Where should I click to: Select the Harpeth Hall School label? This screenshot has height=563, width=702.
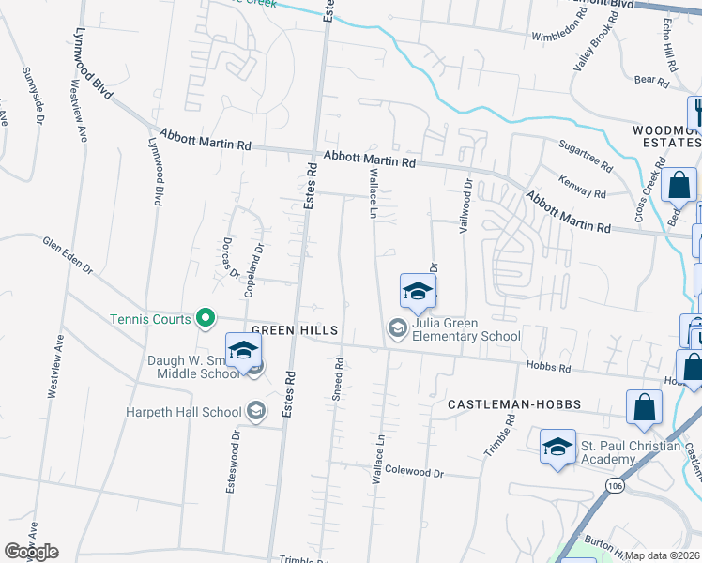[185, 411]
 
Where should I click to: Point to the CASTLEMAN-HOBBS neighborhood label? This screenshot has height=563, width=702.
[513, 404]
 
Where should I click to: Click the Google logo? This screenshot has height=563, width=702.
[31, 552]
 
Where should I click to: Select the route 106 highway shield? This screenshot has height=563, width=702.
[615, 486]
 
